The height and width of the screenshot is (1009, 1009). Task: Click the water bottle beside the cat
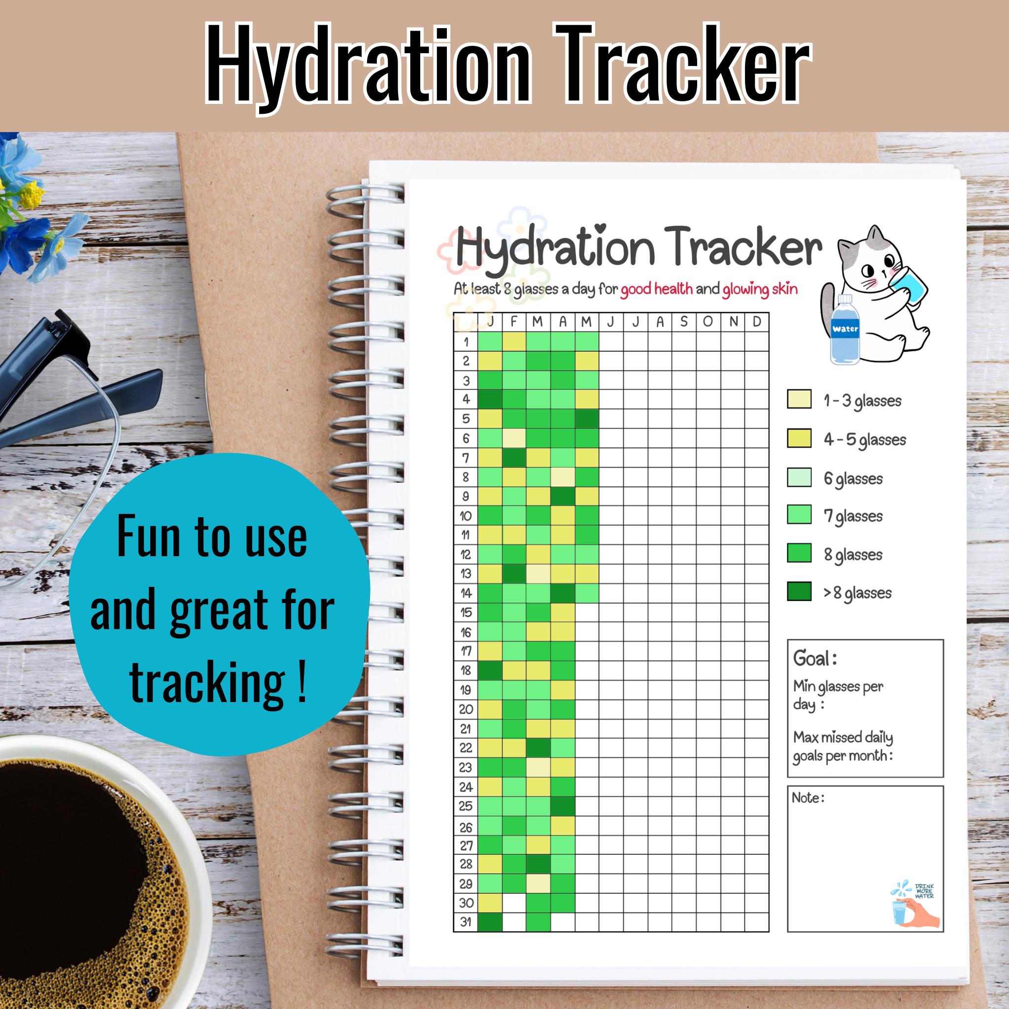point(844,330)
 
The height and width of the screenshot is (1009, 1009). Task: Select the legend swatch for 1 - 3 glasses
point(799,400)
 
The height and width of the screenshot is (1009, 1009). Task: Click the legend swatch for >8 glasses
point(799,592)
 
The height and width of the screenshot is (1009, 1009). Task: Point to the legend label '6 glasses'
point(853,478)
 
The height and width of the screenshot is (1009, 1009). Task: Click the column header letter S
point(684,322)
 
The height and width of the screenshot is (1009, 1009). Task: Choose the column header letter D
point(757,322)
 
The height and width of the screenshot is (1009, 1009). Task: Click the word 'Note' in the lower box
point(807,798)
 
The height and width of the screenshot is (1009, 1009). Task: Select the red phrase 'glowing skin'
point(760,289)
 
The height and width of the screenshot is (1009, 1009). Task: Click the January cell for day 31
point(490,922)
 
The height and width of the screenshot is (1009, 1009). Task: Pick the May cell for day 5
point(587,419)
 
